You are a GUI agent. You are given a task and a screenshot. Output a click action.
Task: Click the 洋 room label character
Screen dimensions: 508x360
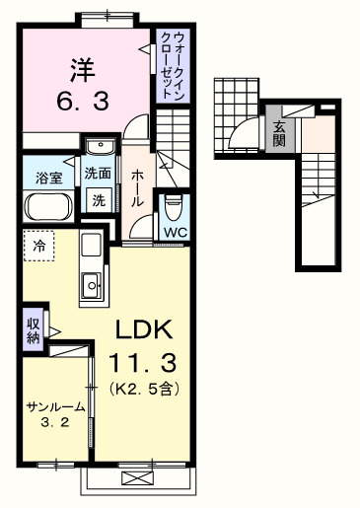pyautogui.click(x=83, y=70)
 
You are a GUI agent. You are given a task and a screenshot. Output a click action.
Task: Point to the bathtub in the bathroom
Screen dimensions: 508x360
pyautogui.click(x=46, y=208)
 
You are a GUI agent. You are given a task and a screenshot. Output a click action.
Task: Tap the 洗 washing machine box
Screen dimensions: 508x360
pyautogui.click(x=99, y=198)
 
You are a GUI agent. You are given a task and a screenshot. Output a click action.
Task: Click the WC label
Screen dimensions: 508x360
pyautogui.click(x=175, y=233)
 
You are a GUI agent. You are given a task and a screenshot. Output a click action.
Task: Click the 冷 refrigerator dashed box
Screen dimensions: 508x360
pyautogui.click(x=39, y=245)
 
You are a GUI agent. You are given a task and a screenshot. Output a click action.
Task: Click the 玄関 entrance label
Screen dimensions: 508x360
pyautogui.click(x=279, y=132)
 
